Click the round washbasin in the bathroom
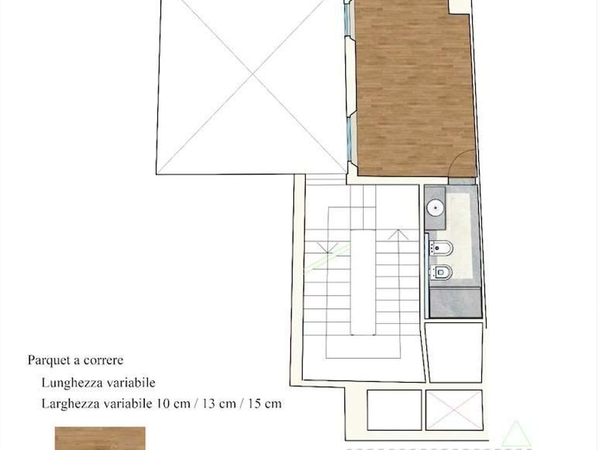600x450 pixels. (436, 209)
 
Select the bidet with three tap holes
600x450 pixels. (441, 249)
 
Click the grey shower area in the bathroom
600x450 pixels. (456, 302)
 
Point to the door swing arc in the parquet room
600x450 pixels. (454, 159)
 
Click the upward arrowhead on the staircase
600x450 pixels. (398, 234)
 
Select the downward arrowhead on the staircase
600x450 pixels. (327, 247)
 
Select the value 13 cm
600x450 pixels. (219, 404)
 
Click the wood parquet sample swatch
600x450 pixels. (100, 439)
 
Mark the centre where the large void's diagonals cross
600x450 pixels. (253, 74)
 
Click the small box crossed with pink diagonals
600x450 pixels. (454, 410)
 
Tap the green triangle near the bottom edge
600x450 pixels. (516, 434)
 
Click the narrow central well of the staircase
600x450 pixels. (363, 282)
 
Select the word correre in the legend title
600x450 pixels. (103, 361)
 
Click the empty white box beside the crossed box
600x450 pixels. (394, 410)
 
